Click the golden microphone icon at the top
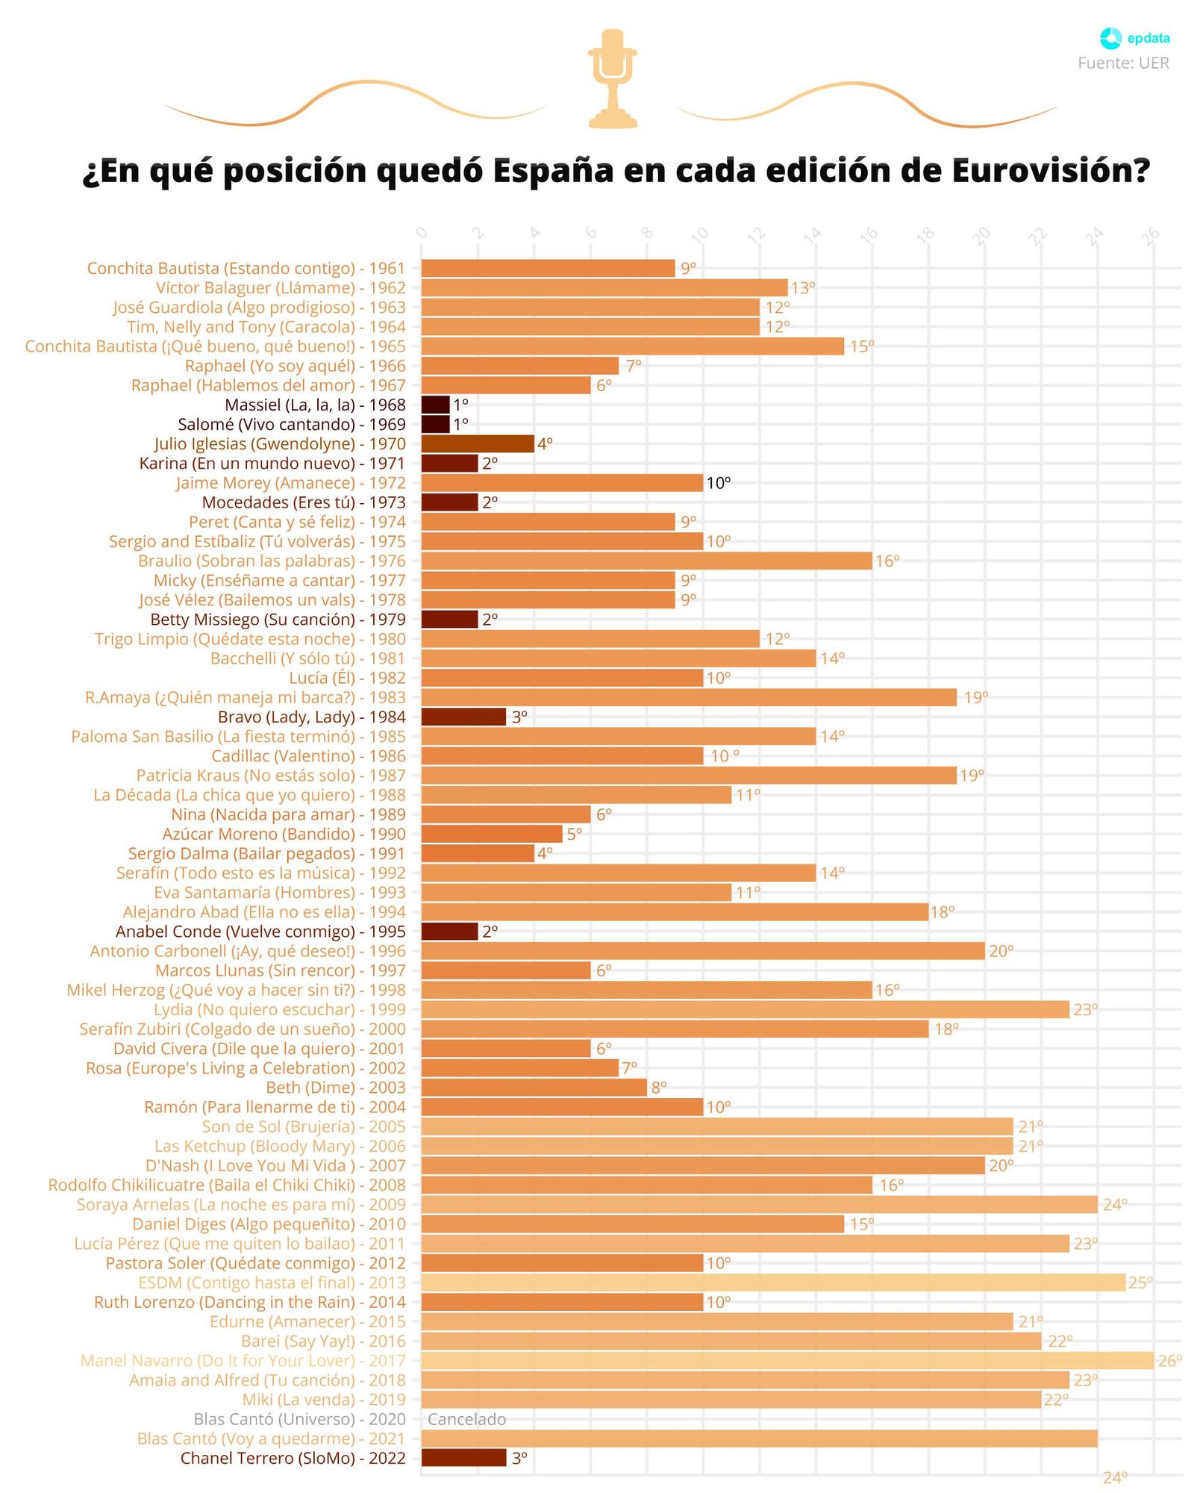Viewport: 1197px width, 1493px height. point(612,78)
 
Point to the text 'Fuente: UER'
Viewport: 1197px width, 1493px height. point(1123,63)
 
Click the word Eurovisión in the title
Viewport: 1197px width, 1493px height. point(1051,171)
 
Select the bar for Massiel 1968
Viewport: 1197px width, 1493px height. point(435,405)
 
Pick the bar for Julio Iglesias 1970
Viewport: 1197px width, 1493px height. point(478,443)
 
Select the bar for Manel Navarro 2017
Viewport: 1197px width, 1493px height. point(787,1360)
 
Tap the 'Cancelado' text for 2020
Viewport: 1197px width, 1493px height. point(466,1419)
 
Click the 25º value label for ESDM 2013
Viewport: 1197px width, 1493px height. point(1140,1282)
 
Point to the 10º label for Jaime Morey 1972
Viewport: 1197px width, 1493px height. point(718,483)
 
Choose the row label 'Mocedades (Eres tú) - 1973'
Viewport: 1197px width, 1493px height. point(304,502)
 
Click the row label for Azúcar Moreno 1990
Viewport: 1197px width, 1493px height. point(284,834)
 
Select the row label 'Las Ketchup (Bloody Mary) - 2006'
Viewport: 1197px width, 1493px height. point(280,1146)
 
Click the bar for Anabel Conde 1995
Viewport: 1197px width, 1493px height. point(449,931)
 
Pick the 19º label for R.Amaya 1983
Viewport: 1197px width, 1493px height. point(975,697)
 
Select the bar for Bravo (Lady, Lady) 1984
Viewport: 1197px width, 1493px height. point(463,717)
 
